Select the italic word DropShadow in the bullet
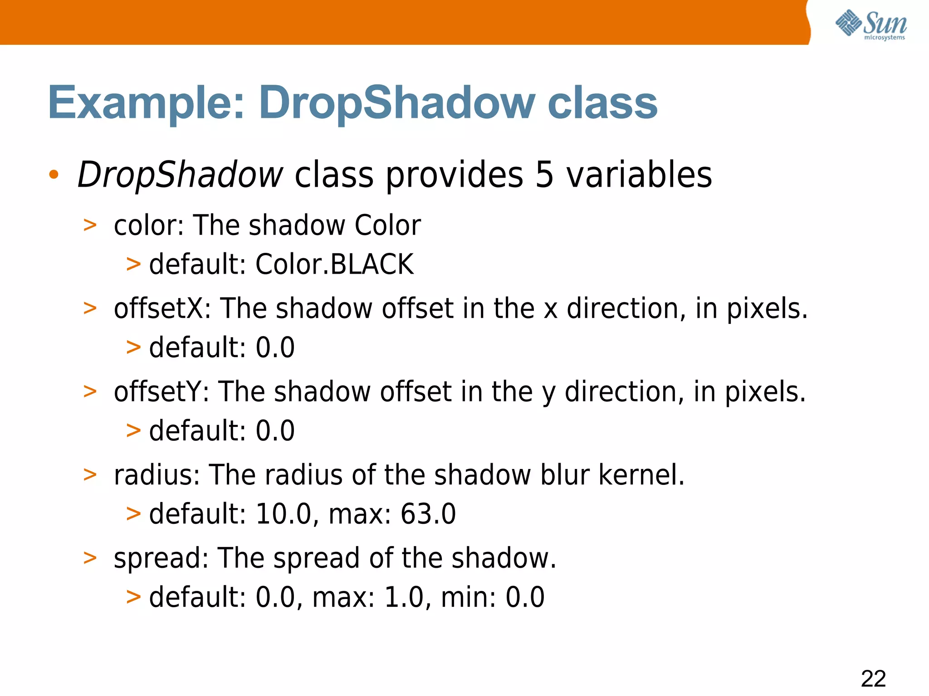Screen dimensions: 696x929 (x=180, y=175)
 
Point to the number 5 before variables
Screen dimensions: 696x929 (x=544, y=175)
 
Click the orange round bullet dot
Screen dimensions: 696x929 (x=54, y=175)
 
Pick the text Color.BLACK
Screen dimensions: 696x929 (x=334, y=264)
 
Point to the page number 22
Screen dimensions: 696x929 (x=873, y=679)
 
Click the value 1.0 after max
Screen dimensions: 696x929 (x=404, y=597)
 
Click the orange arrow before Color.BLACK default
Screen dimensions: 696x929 (x=133, y=264)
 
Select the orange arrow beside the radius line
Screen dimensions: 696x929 (x=90, y=475)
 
